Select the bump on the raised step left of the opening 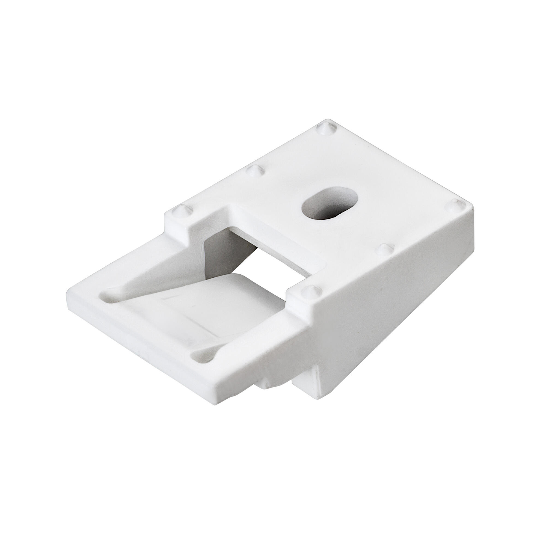point(179,209)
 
